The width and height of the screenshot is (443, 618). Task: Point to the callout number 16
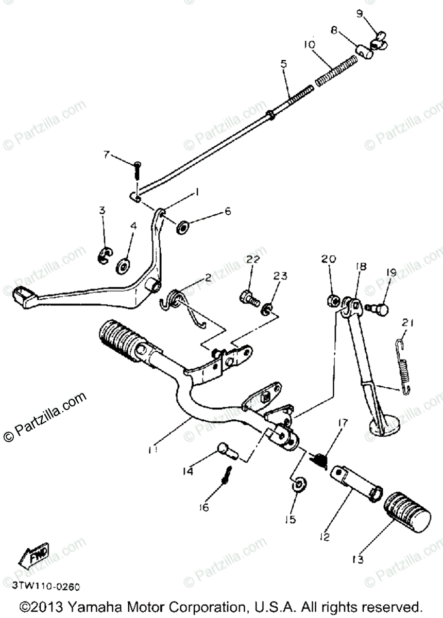[205, 507]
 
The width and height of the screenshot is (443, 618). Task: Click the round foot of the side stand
[384, 427]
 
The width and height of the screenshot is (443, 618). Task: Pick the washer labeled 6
[182, 227]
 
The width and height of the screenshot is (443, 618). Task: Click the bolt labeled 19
[379, 307]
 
